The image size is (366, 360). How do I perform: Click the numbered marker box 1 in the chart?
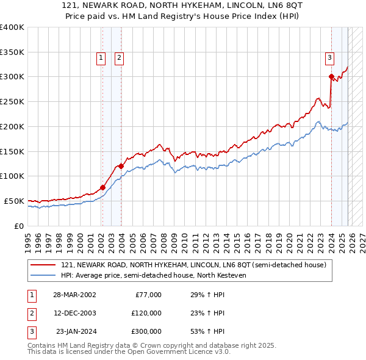[101, 58]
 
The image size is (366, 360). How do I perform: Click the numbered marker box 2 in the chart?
[119, 58]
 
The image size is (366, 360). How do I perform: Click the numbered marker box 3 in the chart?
[329, 58]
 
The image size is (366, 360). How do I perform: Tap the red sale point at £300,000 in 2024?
[331, 77]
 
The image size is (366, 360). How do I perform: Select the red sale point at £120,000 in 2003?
[121, 166]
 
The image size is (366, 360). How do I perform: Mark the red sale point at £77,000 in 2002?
[102, 187]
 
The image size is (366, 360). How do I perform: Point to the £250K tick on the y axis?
[12, 102]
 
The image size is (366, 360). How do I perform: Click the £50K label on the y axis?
[14, 201]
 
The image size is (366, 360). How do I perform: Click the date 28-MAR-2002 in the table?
[74, 295]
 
